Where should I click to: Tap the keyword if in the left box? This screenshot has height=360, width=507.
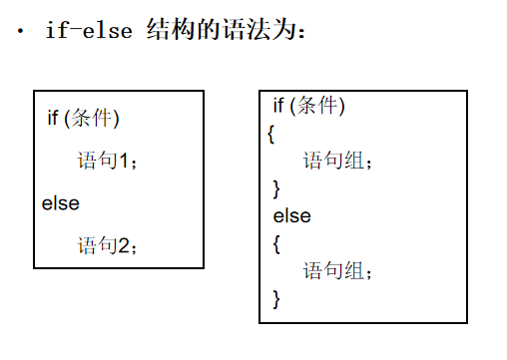click(x=53, y=118)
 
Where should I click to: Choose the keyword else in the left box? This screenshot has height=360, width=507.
click(x=60, y=203)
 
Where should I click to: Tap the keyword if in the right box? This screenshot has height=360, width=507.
click(x=278, y=106)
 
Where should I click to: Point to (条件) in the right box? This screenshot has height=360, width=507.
click(x=319, y=106)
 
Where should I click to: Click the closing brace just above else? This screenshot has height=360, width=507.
click(x=276, y=187)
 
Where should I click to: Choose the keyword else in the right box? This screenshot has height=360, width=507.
click(x=292, y=215)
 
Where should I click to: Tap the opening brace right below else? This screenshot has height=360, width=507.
click(x=276, y=242)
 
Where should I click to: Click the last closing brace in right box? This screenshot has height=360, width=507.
click(x=276, y=297)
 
